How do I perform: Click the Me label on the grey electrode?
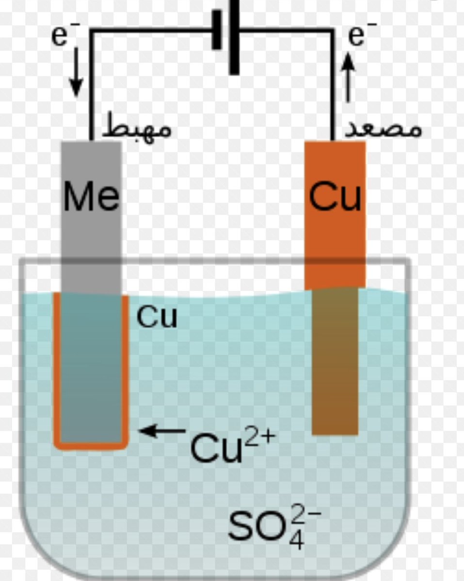[x=91, y=197]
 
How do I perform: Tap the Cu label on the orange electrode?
[x=335, y=197]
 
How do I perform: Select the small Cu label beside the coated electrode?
[x=157, y=317]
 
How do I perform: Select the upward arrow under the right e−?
[x=348, y=77]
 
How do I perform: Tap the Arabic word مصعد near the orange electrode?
[x=383, y=128]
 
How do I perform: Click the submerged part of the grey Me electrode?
[x=91, y=368]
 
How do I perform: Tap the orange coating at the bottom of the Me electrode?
[x=91, y=445]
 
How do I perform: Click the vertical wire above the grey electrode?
[x=91, y=87]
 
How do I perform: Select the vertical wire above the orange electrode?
[x=334, y=87]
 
